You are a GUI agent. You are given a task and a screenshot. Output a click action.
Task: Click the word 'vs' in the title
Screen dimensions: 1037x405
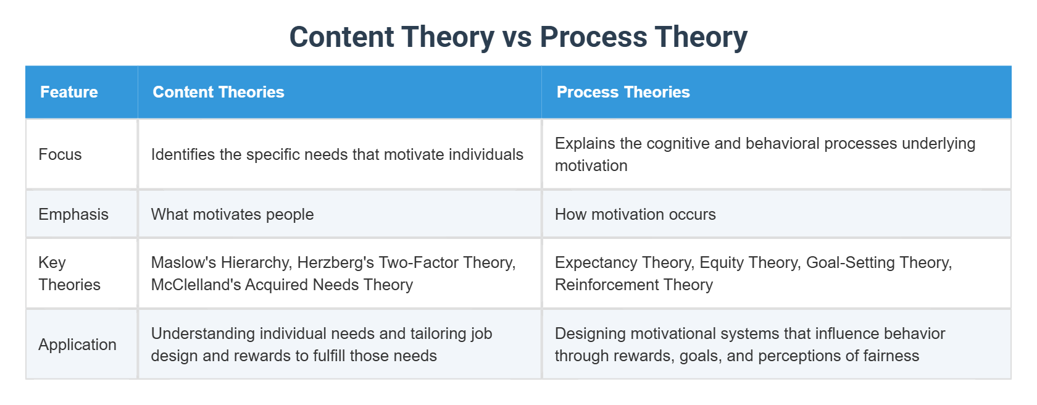tap(517, 37)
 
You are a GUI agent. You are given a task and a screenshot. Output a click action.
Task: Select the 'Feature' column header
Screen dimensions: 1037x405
tap(69, 92)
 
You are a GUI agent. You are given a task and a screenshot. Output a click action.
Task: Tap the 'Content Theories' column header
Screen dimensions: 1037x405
tap(219, 92)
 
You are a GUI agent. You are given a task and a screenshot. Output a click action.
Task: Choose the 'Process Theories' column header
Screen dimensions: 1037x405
tap(623, 92)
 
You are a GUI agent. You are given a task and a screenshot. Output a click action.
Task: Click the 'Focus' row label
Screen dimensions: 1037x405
tap(60, 154)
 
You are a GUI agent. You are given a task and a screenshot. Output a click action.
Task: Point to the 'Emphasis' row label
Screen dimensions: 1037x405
tap(73, 215)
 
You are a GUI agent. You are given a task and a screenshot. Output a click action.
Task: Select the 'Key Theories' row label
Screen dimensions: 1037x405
tap(69, 273)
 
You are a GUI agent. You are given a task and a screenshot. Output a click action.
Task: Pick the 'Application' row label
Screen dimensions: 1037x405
tap(78, 345)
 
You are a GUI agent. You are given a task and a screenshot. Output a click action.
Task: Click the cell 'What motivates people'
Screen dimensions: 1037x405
tap(232, 215)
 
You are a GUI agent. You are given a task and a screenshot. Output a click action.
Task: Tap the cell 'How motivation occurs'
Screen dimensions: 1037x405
tap(635, 215)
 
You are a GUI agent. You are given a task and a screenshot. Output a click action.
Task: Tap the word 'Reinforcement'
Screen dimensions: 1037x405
tap(606, 285)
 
